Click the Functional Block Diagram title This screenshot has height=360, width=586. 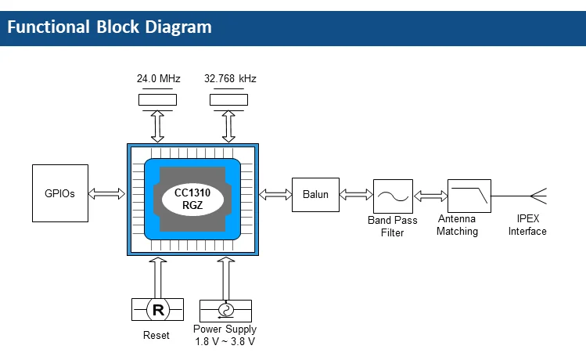110,27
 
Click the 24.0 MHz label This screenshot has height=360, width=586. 157,79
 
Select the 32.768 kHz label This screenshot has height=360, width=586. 230,79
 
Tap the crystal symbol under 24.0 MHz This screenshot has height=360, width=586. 157,99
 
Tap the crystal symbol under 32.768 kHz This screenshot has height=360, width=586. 229,99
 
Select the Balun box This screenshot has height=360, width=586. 316,193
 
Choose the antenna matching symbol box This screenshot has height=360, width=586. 469,195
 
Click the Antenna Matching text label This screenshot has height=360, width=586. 458,225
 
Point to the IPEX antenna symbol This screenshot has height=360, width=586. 537,195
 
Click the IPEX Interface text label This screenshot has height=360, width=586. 527,225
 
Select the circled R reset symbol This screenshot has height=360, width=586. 158,310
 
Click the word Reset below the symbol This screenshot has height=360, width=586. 157,336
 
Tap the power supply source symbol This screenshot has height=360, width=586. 225,310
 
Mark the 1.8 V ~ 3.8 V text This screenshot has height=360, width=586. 225,342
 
